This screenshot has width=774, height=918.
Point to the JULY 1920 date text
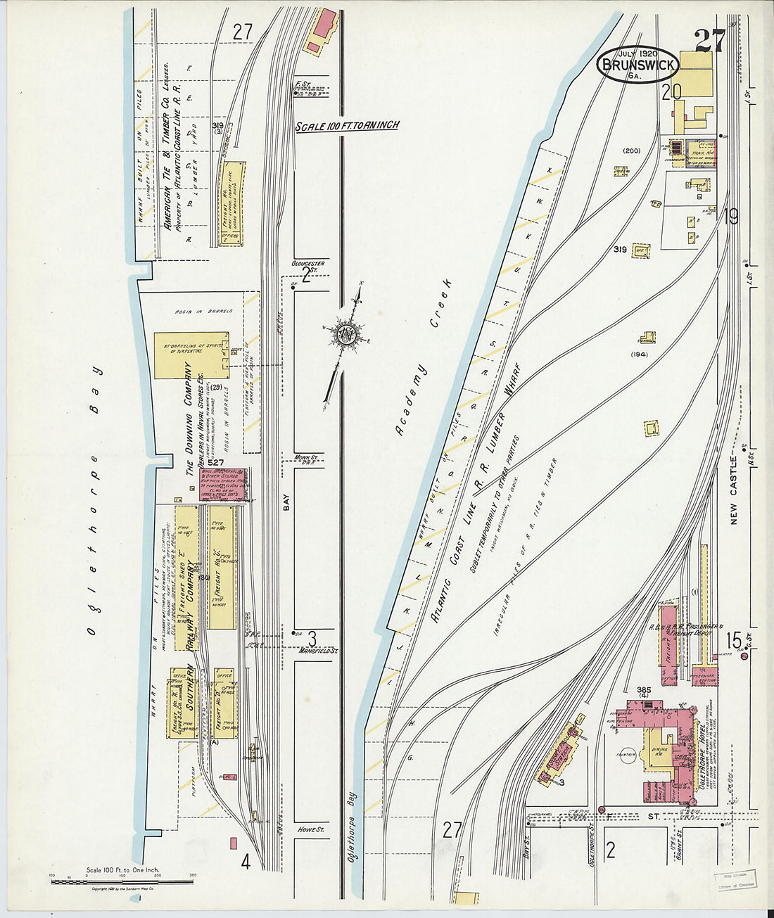(x=637, y=53)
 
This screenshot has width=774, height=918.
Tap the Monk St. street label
(x=307, y=457)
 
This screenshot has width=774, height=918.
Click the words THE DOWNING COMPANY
(x=188, y=419)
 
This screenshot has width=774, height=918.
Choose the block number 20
(x=671, y=91)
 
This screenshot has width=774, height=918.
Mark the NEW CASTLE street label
(x=734, y=485)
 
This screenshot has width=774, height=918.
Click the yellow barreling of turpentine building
(x=190, y=355)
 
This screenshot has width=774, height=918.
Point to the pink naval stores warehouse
(x=224, y=484)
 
